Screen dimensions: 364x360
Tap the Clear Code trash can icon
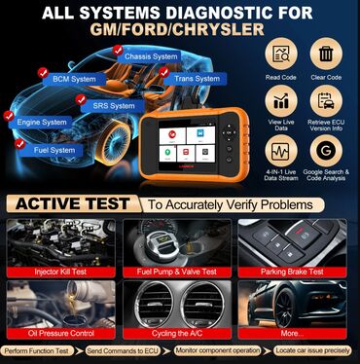[326, 55]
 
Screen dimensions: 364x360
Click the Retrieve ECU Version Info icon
[326, 102]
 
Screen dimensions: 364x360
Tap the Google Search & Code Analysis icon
[326, 152]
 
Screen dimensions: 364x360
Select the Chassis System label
[151, 56]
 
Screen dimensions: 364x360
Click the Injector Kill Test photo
[59, 243]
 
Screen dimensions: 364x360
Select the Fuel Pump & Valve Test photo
[179, 243]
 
